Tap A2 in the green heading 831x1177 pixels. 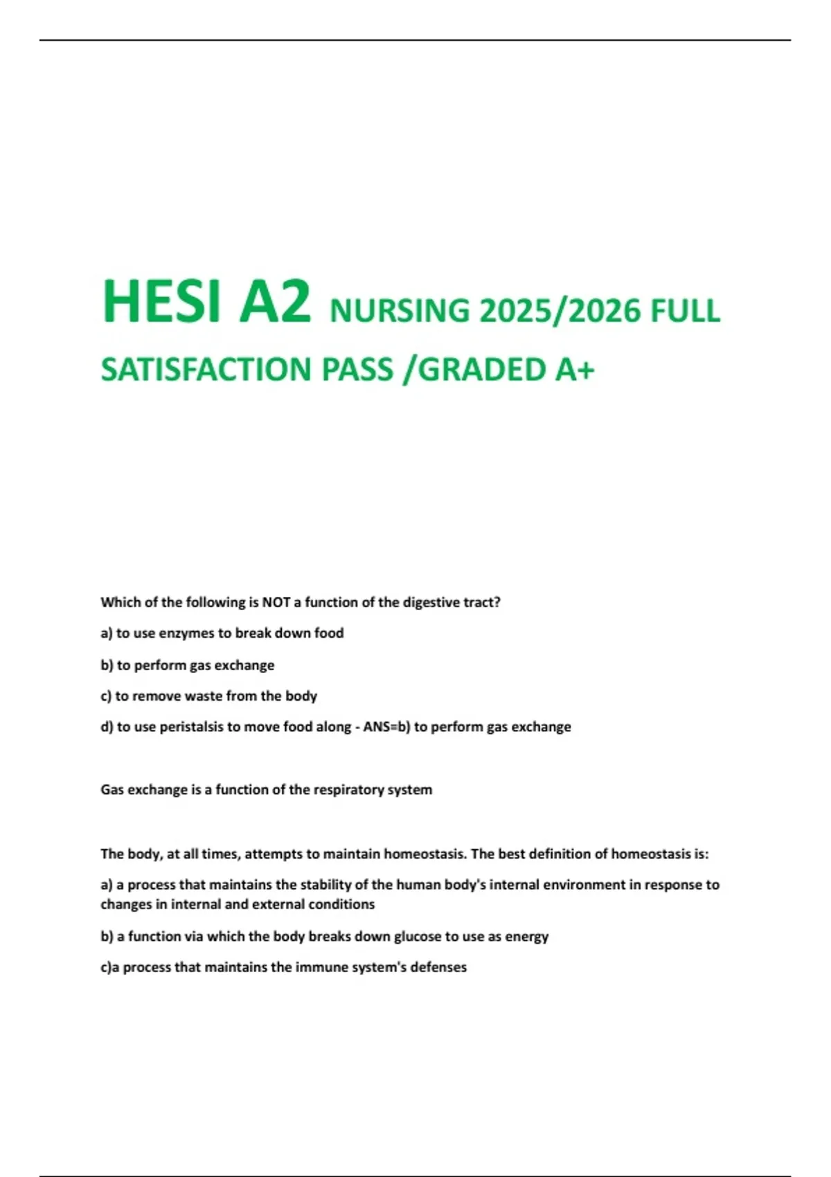coord(275,302)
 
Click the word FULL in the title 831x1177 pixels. coord(685,310)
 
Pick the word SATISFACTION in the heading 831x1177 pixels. coord(206,370)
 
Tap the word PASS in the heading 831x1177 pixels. coord(357,370)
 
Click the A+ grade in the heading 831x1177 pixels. coord(574,370)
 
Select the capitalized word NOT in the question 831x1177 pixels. coord(276,602)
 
